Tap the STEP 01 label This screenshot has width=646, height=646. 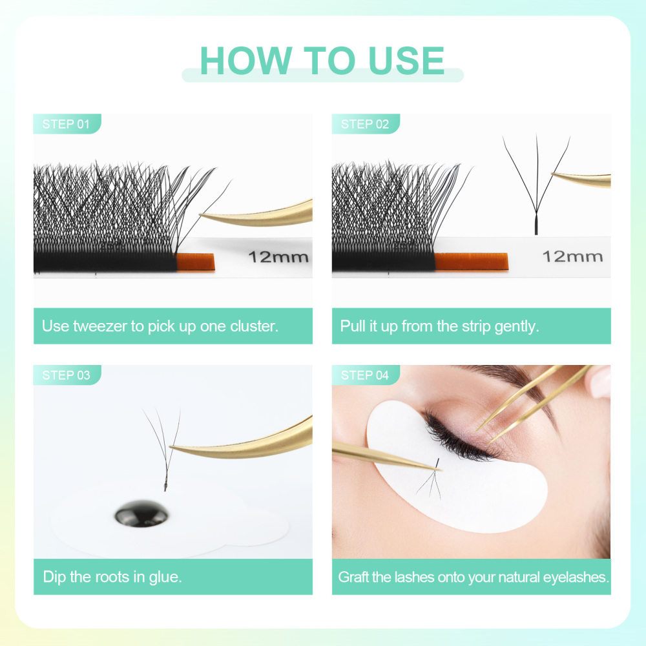pos(66,124)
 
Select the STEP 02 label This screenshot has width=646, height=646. pos(365,124)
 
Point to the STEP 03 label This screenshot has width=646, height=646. pos(66,375)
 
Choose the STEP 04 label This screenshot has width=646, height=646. pos(365,375)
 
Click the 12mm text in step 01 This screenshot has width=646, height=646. pos(278,257)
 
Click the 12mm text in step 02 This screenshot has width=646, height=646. pos(572,256)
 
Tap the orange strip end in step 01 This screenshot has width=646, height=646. pos(196,262)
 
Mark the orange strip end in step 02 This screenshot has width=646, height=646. pos(471,261)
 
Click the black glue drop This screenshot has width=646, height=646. pos(141,514)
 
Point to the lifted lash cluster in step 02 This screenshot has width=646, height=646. pos(536,187)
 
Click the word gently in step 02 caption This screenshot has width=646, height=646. pos(516,326)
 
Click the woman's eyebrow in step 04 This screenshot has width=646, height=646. pos(510,374)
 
